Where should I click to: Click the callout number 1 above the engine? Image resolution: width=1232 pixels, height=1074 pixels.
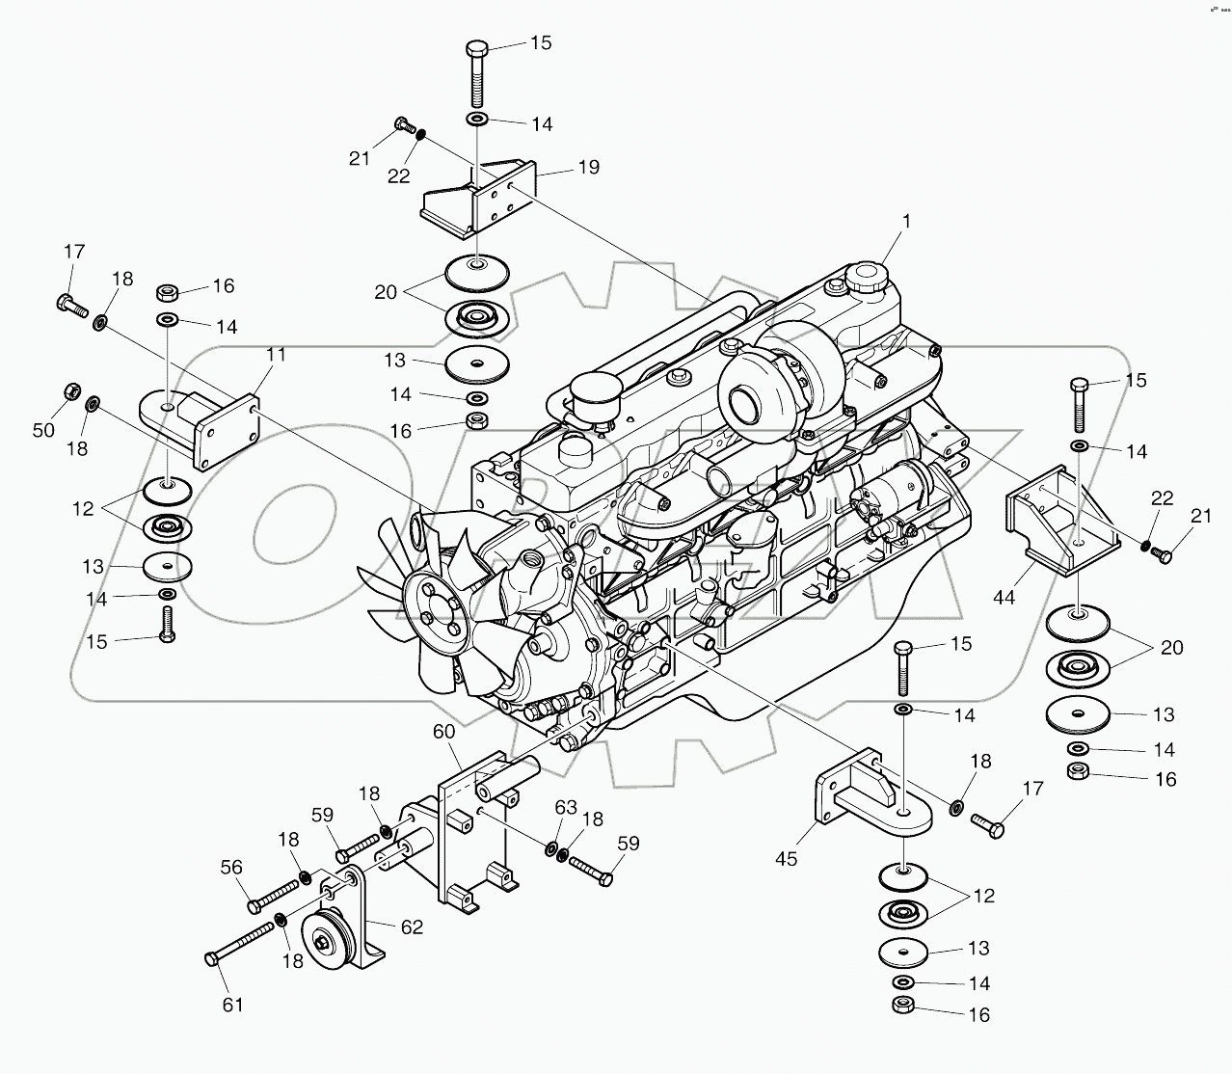[905, 222]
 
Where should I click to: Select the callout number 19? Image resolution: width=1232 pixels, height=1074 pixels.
[588, 168]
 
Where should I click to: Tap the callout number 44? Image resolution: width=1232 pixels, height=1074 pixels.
[1004, 598]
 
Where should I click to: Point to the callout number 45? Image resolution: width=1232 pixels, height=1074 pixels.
[787, 858]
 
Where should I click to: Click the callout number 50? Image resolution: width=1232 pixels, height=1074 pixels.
[44, 430]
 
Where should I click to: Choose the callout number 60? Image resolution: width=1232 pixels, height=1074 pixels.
[443, 732]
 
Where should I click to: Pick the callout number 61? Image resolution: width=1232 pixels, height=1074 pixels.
[233, 1005]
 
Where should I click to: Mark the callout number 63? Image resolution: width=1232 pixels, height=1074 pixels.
[565, 806]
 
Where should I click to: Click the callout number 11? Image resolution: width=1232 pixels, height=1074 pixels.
[276, 355]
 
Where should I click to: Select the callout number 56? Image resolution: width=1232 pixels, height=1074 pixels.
[231, 867]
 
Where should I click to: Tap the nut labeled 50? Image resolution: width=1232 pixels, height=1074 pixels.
[70, 392]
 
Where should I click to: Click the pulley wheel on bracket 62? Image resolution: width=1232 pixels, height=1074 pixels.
[318, 933]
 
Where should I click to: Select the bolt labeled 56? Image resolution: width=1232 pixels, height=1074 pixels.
[275, 892]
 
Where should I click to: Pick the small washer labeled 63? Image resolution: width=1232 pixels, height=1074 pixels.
[551, 849]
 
